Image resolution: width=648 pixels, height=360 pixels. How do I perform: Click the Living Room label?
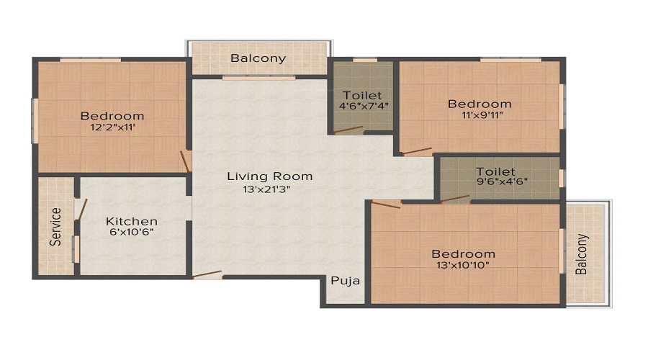pos(269,176)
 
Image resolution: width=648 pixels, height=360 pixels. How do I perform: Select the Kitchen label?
pos(131,221)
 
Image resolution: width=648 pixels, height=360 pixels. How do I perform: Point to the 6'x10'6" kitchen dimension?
pos(131,233)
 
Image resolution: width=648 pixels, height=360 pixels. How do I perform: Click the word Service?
pos(55,227)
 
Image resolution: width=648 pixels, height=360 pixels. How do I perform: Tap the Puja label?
pos(345,281)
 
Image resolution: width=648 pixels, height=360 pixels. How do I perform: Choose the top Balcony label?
pos(258,58)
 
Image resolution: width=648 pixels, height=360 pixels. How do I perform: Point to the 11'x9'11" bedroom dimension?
pos(480,116)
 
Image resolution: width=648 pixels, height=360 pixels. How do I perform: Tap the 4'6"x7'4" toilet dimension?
pos(362,107)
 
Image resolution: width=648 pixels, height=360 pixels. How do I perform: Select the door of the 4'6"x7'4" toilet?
pos(348,130)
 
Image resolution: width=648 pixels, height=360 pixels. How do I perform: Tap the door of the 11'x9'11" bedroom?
pos(417,151)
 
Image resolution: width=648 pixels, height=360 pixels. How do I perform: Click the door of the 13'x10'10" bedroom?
pos(385,204)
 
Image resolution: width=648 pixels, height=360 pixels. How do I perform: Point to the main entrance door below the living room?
pos(207,274)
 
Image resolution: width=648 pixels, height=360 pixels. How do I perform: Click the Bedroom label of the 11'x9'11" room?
pos(480,104)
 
